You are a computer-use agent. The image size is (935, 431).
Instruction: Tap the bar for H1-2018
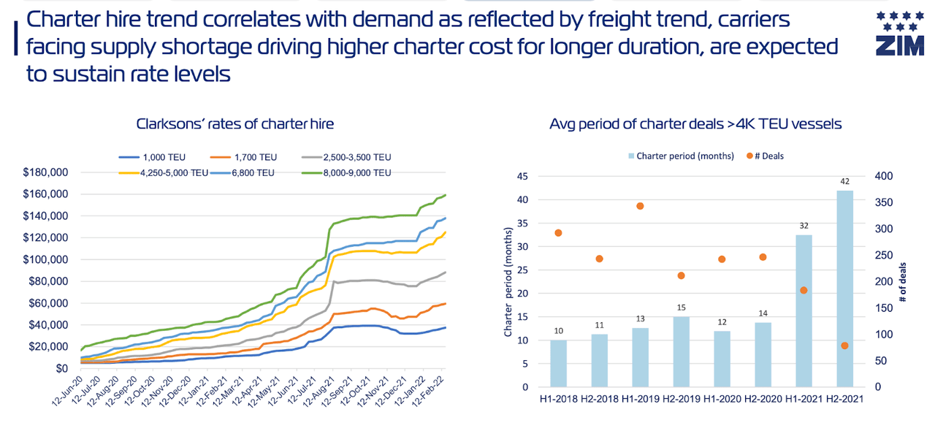pos(558,363)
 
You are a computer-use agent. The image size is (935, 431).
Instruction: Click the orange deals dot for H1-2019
pos(640,206)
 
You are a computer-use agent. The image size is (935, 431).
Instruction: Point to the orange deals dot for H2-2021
pos(844,346)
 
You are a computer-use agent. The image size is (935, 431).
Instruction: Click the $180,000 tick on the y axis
pos(45,172)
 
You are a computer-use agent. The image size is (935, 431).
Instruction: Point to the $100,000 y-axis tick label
pos(45,259)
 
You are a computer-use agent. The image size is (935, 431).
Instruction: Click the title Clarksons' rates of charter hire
pos(235,124)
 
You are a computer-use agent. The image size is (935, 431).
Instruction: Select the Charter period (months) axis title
pos(510,281)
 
